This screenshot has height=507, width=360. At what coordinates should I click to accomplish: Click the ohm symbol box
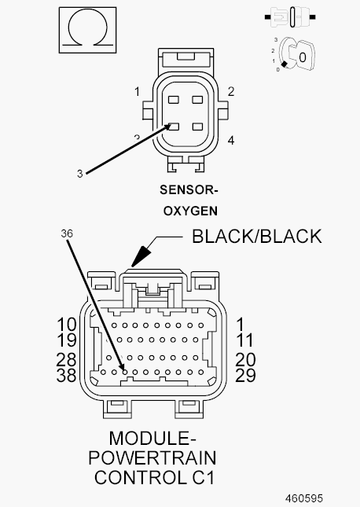click(x=87, y=30)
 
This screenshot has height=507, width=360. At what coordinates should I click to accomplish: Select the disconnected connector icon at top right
click(x=290, y=17)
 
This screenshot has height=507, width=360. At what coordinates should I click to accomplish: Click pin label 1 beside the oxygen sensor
click(x=137, y=92)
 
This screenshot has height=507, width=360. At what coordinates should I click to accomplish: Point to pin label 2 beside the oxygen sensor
click(x=230, y=92)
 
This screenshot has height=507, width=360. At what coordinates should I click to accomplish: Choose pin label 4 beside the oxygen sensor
click(x=230, y=141)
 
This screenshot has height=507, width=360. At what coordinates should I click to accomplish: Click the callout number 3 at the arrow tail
click(x=80, y=174)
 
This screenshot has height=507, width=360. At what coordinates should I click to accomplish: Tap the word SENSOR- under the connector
click(x=189, y=189)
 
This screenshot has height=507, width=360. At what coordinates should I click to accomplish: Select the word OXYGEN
click(x=190, y=211)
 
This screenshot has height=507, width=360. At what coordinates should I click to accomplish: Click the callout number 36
click(x=67, y=233)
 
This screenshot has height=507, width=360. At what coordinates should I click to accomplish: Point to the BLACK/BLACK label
click(x=257, y=237)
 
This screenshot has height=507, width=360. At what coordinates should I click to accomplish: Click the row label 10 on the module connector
click(x=67, y=325)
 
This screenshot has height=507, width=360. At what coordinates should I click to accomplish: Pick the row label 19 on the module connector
click(x=67, y=340)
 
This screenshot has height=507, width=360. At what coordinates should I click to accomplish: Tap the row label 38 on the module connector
click(x=67, y=375)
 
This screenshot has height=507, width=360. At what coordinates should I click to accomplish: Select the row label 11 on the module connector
click(x=245, y=340)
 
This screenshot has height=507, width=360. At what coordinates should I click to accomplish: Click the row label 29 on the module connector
click(x=245, y=375)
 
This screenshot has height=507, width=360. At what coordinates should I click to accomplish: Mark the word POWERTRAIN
click(x=152, y=457)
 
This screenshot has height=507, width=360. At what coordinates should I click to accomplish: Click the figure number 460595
click(x=304, y=498)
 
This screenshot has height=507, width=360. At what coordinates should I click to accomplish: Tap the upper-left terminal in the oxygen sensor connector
click(x=174, y=99)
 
